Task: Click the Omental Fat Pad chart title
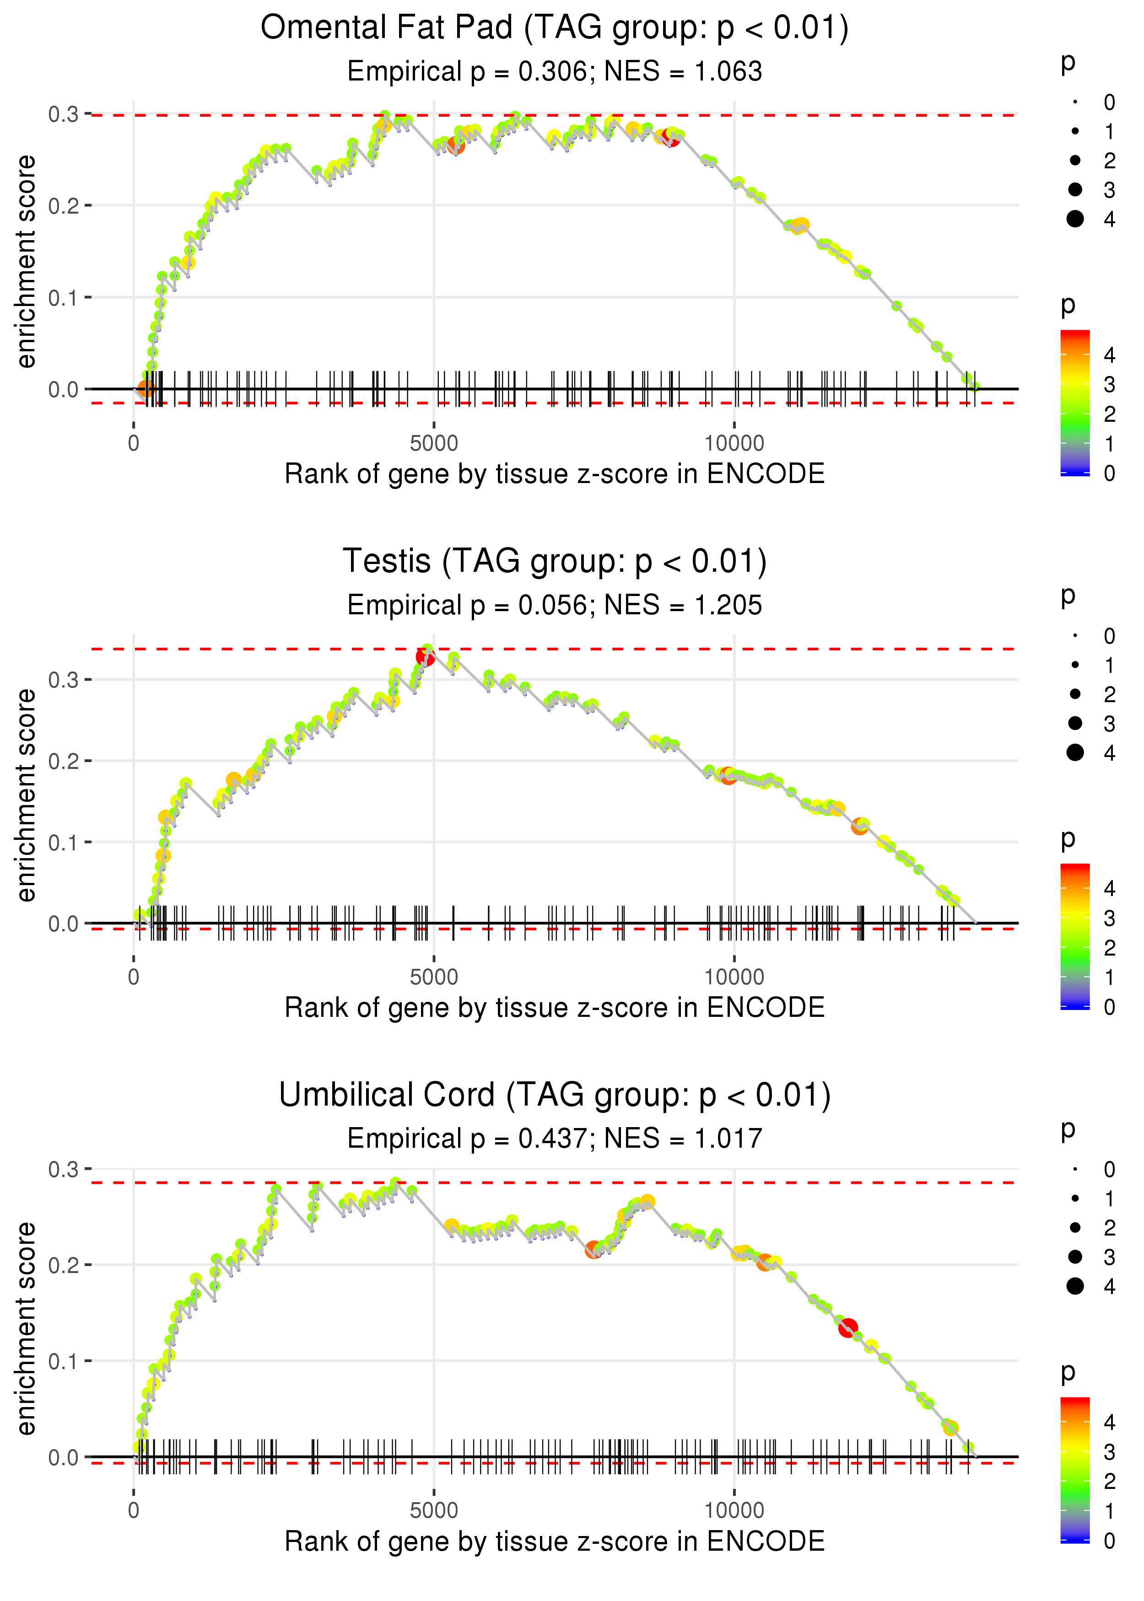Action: [555, 28]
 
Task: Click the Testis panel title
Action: [555, 561]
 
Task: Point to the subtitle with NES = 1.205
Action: [555, 606]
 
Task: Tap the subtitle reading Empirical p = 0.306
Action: [555, 72]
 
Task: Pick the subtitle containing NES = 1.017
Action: [555, 1139]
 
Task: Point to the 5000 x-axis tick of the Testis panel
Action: [434, 977]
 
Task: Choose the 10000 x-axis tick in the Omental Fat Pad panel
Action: [734, 444]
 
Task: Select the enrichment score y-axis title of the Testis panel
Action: [26, 795]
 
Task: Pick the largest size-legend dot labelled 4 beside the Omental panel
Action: [1075, 219]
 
